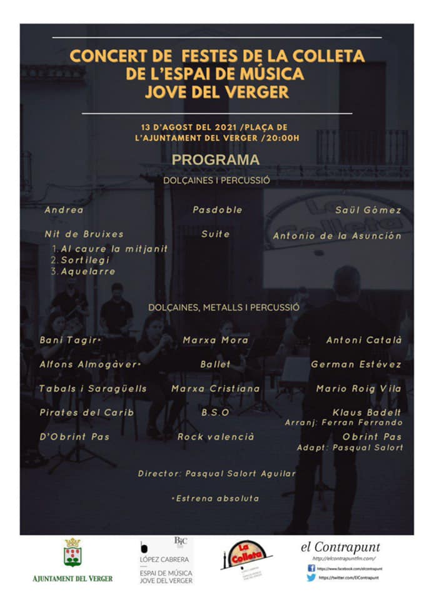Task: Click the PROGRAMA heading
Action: pos(216,160)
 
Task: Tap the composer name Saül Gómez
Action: pos(368,210)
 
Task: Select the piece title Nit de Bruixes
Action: pos(84,234)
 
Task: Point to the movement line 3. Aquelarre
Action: pos(84,271)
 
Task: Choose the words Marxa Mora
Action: pos(216,340)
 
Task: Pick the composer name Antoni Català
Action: pos(364,340)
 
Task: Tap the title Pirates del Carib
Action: pos(86,412)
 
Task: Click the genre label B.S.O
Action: pos(215,412)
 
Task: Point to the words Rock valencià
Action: pos(216,437)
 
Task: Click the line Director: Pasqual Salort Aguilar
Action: pos(216,474)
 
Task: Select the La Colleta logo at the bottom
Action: pos(246,555)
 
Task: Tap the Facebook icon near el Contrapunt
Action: pos(311,568)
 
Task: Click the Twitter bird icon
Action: pos(311,578)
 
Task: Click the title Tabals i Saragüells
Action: pos(93,389)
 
